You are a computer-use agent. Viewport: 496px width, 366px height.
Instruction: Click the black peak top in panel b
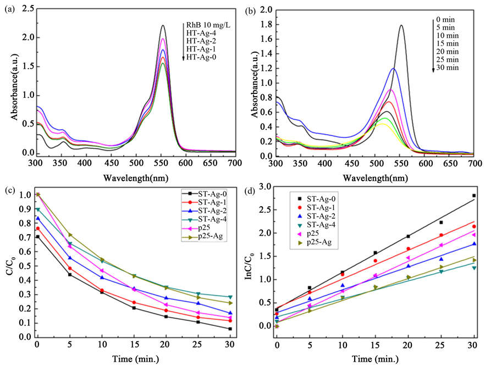401,25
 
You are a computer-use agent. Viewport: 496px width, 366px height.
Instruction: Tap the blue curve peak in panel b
393,69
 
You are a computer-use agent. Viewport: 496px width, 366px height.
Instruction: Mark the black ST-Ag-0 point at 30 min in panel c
229,329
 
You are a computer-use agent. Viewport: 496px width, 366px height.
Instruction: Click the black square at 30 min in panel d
473,196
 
